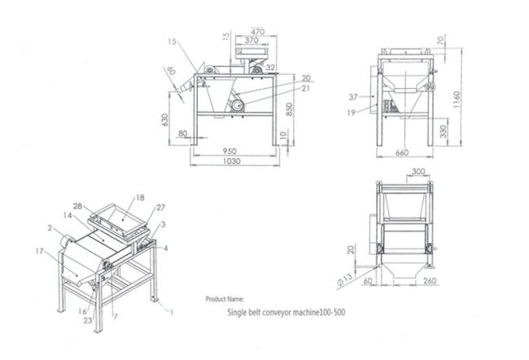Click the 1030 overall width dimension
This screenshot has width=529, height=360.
[x=231, y=163]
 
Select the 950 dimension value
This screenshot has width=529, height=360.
[x=231, y=151]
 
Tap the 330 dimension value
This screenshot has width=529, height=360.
[x=443, y=130]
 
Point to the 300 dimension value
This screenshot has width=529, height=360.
[x=418, y=172]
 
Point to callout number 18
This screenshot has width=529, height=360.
[x=140, y=197]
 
